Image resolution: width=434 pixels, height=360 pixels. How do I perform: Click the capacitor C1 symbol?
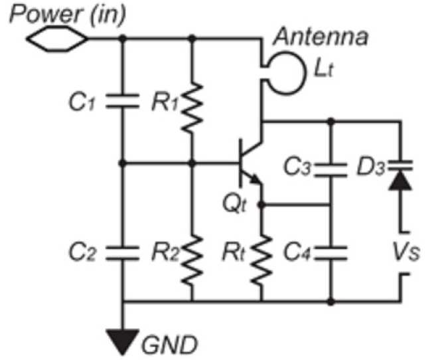[123, 101]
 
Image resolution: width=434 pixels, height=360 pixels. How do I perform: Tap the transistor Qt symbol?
[249, 163]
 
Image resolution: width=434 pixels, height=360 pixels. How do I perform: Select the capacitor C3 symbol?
[331, 165]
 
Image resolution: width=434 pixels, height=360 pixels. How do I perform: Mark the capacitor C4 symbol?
[331, 250]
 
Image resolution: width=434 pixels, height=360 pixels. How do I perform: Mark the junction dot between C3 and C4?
[331, 206]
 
